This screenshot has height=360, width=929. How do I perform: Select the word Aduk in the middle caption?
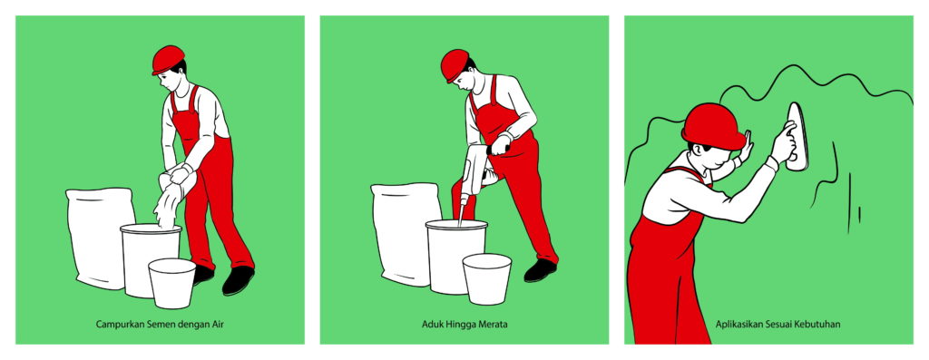(x=431, y=325)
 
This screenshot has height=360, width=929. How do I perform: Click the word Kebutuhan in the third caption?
(x=820, y=325)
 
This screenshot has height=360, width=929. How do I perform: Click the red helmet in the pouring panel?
(x=168, y=59)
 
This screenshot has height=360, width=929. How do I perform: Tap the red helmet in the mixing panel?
(x=455, y=64)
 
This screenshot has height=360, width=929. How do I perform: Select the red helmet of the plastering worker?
(x=713, y=126)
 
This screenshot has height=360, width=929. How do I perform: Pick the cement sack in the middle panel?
(x=406, y=233)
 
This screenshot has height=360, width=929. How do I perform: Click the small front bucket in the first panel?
(x=171, y=283)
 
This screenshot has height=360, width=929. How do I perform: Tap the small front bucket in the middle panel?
(x=486, y=279)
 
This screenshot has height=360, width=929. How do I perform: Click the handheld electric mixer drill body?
(x=475, y=171)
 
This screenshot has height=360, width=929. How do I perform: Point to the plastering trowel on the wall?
(x=797, y=136)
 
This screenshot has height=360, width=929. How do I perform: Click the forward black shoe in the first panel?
(x=238, y=280)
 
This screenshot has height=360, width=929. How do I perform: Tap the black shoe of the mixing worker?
(x=541, y=270)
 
